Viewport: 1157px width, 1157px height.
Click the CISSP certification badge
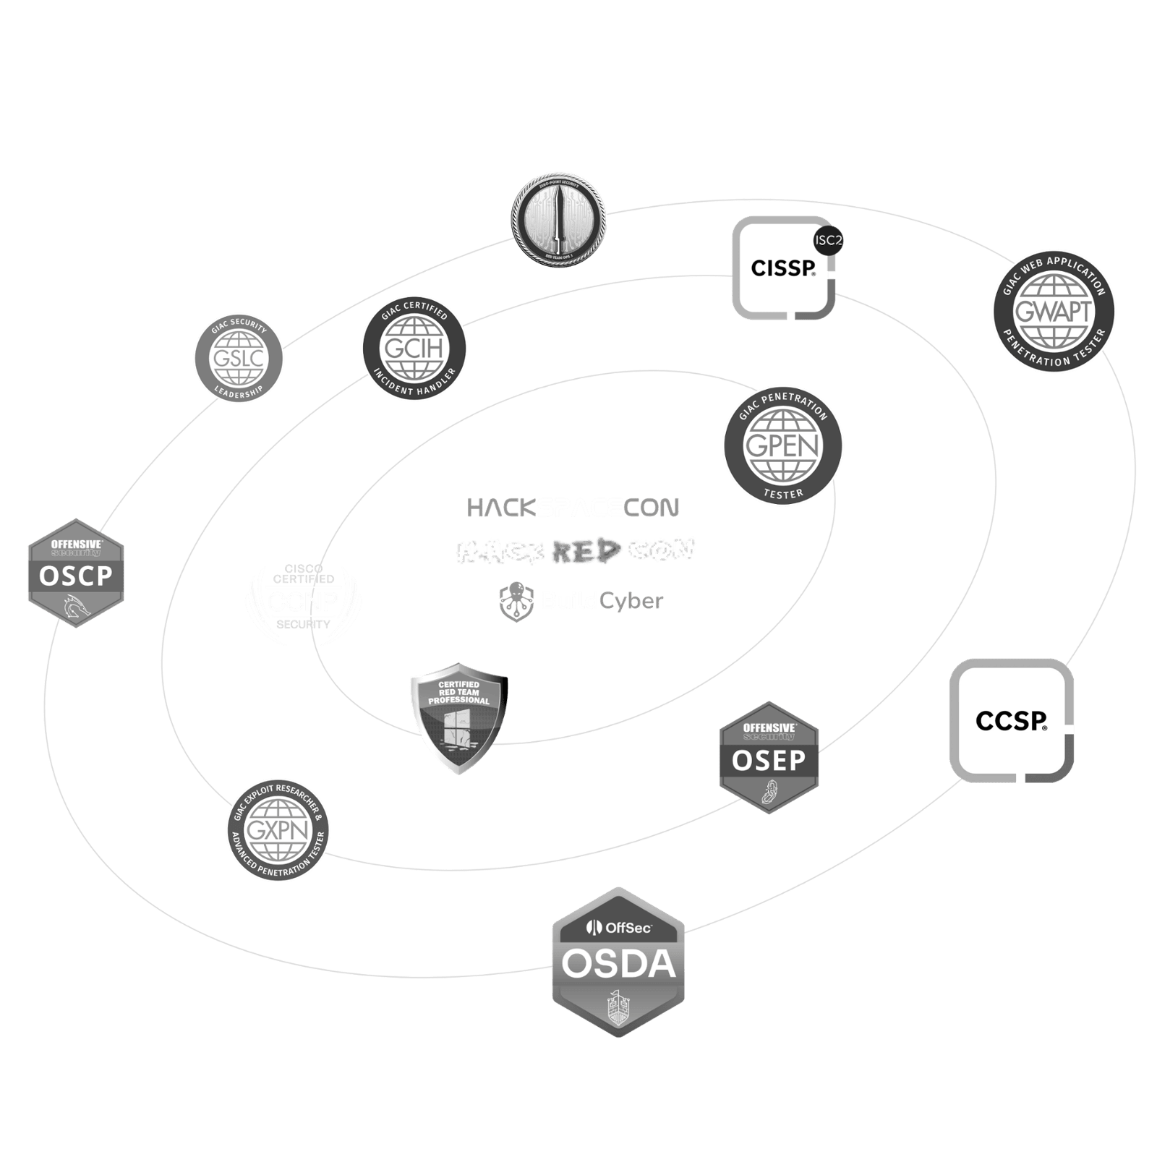click(783, 268)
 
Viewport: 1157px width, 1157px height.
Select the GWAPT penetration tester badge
click(1053, 312)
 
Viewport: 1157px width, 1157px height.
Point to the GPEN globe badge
click(783, 443)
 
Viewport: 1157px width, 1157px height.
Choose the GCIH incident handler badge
click(414, 349)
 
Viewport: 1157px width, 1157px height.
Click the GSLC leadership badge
click(239, 357)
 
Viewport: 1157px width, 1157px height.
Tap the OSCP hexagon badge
click(76, 573)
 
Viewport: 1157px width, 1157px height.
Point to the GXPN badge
click(278, 830)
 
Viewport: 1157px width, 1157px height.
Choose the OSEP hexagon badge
click(769, 757)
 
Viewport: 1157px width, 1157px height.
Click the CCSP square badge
click(1011, 720)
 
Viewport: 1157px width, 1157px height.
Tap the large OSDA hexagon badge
click(618, 962)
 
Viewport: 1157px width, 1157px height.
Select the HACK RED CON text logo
click(575, 552)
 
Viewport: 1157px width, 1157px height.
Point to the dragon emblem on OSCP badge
click(75, 609)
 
